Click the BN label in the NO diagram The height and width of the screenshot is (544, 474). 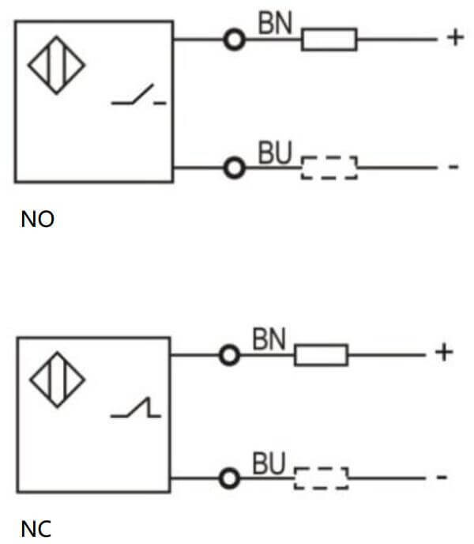click(275, 24)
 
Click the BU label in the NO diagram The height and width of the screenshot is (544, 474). click(275, 153)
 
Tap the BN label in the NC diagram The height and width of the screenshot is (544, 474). click(269, 340)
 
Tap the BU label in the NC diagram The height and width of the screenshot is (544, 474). click(268, 464)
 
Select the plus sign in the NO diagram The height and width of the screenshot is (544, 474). click(454, 38)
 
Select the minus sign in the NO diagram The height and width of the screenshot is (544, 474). click(453, 168)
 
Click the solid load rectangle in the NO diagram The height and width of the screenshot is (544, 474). click(329, 39)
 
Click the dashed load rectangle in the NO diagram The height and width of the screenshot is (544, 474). click(329, 168)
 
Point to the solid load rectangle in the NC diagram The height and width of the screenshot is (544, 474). click(321, 355)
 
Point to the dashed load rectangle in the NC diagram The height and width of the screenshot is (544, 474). click(321, 478)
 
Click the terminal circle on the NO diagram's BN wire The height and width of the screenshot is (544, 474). click(233, 39)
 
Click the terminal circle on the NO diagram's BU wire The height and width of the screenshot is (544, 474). click(233, 168)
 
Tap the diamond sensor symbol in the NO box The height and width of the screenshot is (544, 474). click(57, 63)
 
